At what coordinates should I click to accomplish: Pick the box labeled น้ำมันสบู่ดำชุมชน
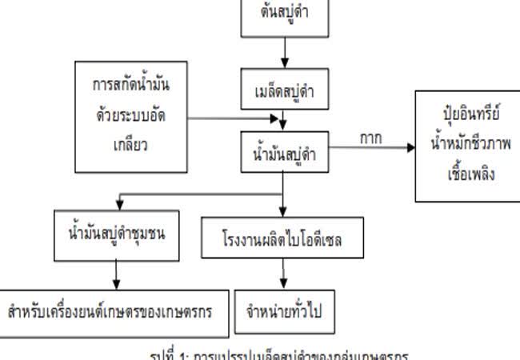click(x=115, y=234)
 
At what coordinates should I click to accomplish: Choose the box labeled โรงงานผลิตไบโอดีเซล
click(x=283, y=238)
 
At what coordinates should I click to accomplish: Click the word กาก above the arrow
click(x=370, y=138)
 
